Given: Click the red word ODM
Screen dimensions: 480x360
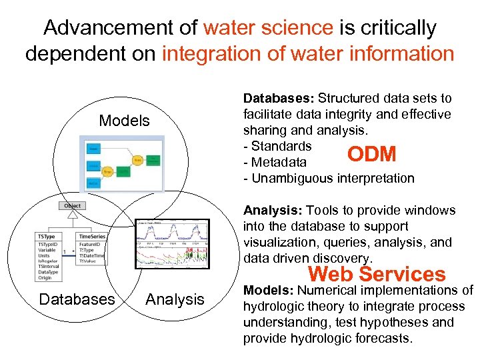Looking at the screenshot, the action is click(x=371, y=154).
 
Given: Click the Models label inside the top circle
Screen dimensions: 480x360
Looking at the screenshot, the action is click(x=124, y=121).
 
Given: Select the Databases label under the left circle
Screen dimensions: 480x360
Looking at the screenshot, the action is click(x=77, y=299).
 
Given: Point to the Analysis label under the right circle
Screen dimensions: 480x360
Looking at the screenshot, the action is click(x=175, y=299).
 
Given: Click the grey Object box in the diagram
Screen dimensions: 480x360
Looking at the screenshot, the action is click(x=73, y=206).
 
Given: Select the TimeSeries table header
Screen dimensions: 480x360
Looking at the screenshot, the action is click(x=93, y=236).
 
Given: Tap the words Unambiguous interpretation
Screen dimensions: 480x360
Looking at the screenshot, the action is click(x=333, y=179).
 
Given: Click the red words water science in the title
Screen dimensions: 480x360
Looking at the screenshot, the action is click(x=268, y=28).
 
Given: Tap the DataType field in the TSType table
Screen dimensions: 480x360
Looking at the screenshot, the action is click(x=48, y=271).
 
